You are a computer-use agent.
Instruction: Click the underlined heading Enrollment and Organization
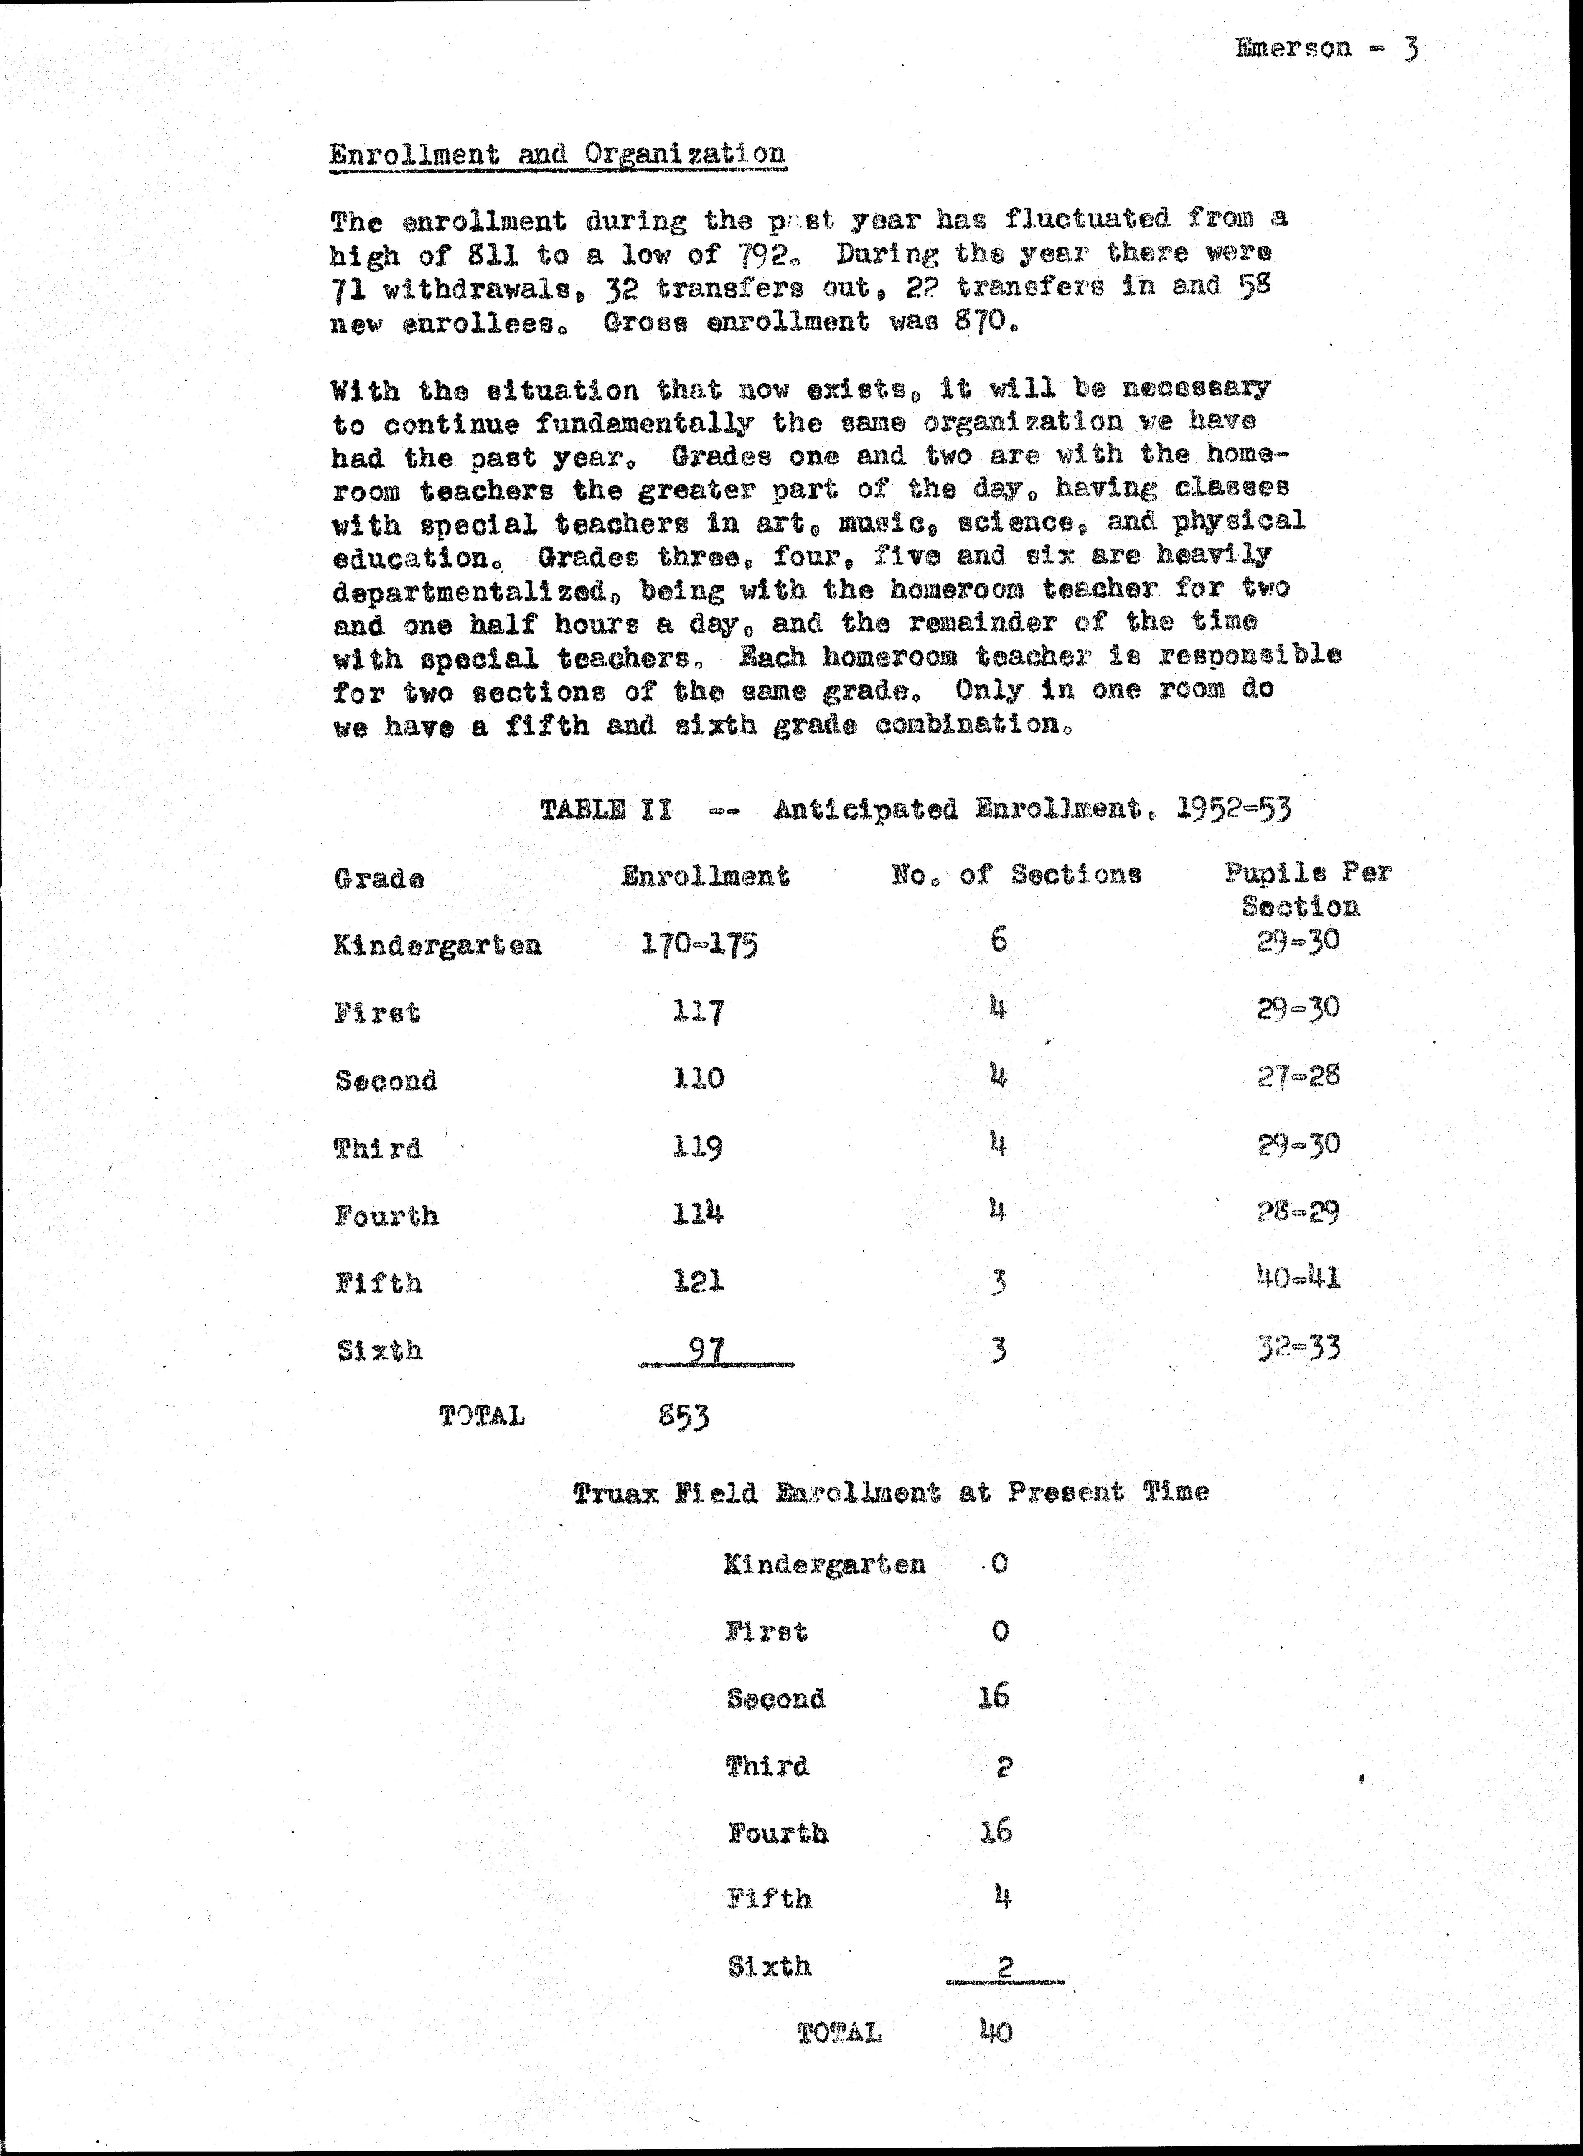(x=557, y=154)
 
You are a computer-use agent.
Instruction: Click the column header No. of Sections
(x=1016, y=874)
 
